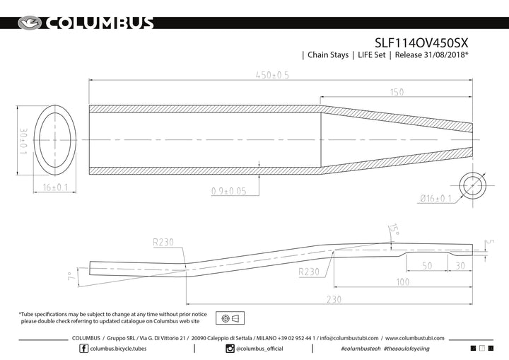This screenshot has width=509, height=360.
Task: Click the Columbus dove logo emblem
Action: click(x=30, y=23)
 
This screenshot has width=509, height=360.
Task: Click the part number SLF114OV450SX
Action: click(x=421, y=43)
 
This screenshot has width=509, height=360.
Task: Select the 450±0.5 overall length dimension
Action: click(x=272, y=75)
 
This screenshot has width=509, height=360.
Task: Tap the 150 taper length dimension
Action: click(x=397, y=92)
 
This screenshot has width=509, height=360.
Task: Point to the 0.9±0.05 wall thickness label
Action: click(x=229, y=191)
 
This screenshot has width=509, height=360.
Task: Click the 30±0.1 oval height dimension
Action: click(x=23, y=141)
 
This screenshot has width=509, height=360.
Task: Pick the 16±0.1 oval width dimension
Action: click(x=55, y=187)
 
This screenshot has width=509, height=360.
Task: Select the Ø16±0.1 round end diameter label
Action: click(x=435, y=198)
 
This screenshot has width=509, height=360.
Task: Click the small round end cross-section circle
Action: click(x=473, y=185)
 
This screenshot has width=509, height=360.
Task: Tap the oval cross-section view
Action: click(x=55, y=140)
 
